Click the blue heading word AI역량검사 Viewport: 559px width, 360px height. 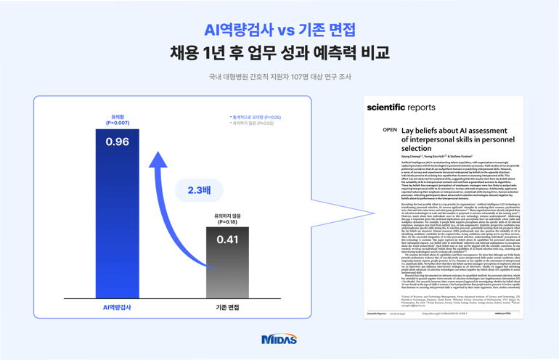pos(239,30)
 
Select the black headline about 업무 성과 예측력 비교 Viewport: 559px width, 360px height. pos(279,53)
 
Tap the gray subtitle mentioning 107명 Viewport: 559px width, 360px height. pos(279,77)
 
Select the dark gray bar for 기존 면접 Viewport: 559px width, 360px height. pos(227,269)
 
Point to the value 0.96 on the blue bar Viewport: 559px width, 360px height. pos(117,142)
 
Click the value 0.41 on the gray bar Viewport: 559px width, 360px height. pos(227,240)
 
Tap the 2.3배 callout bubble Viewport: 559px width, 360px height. pos(199,190)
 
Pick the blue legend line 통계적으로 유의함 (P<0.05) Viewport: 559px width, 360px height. pos(256,117)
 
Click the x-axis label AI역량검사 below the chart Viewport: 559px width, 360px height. pos(117,307)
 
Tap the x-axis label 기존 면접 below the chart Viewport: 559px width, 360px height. pos(227,307)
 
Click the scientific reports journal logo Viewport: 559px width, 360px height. pos(401,107)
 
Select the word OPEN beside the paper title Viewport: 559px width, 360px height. pos(390,130)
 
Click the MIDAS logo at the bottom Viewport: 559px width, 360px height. pos(279,339)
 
